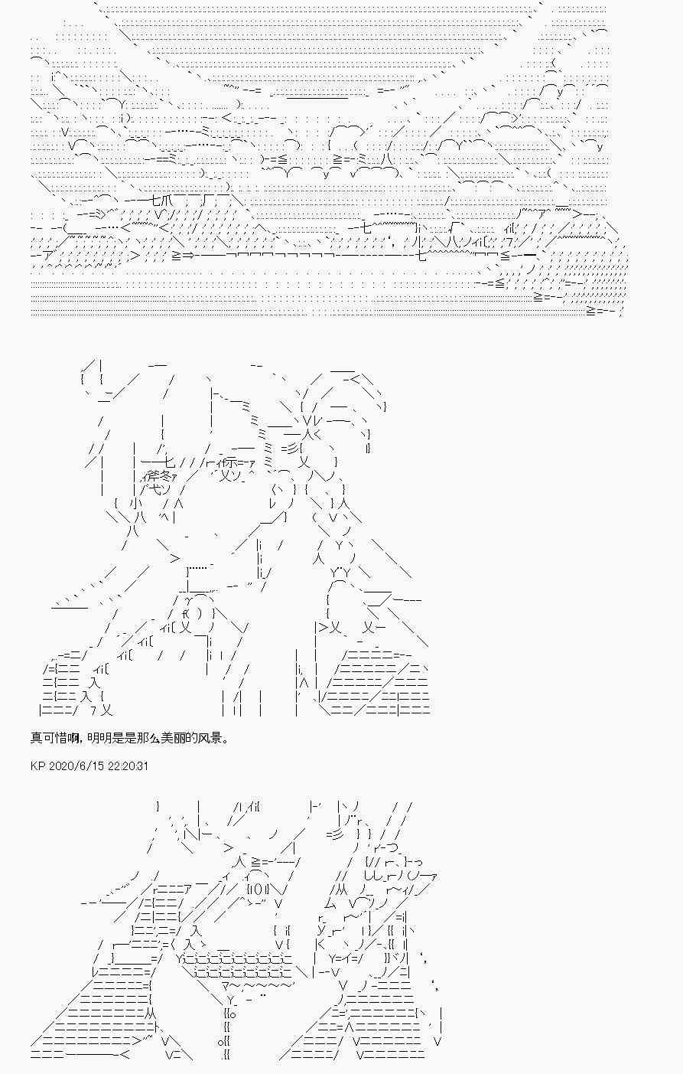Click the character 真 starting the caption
click(x=36, y=738)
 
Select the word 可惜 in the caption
click(x=54, y=738)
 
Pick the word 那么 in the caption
click(x=145, y=738)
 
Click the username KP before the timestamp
click(x=37, y=766)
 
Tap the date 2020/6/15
click(x=72, y=766)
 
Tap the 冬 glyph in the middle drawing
click(x=160, y=476)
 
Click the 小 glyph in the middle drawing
click(x=135, y=504)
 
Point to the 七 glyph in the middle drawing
click(x=170, y=462)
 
